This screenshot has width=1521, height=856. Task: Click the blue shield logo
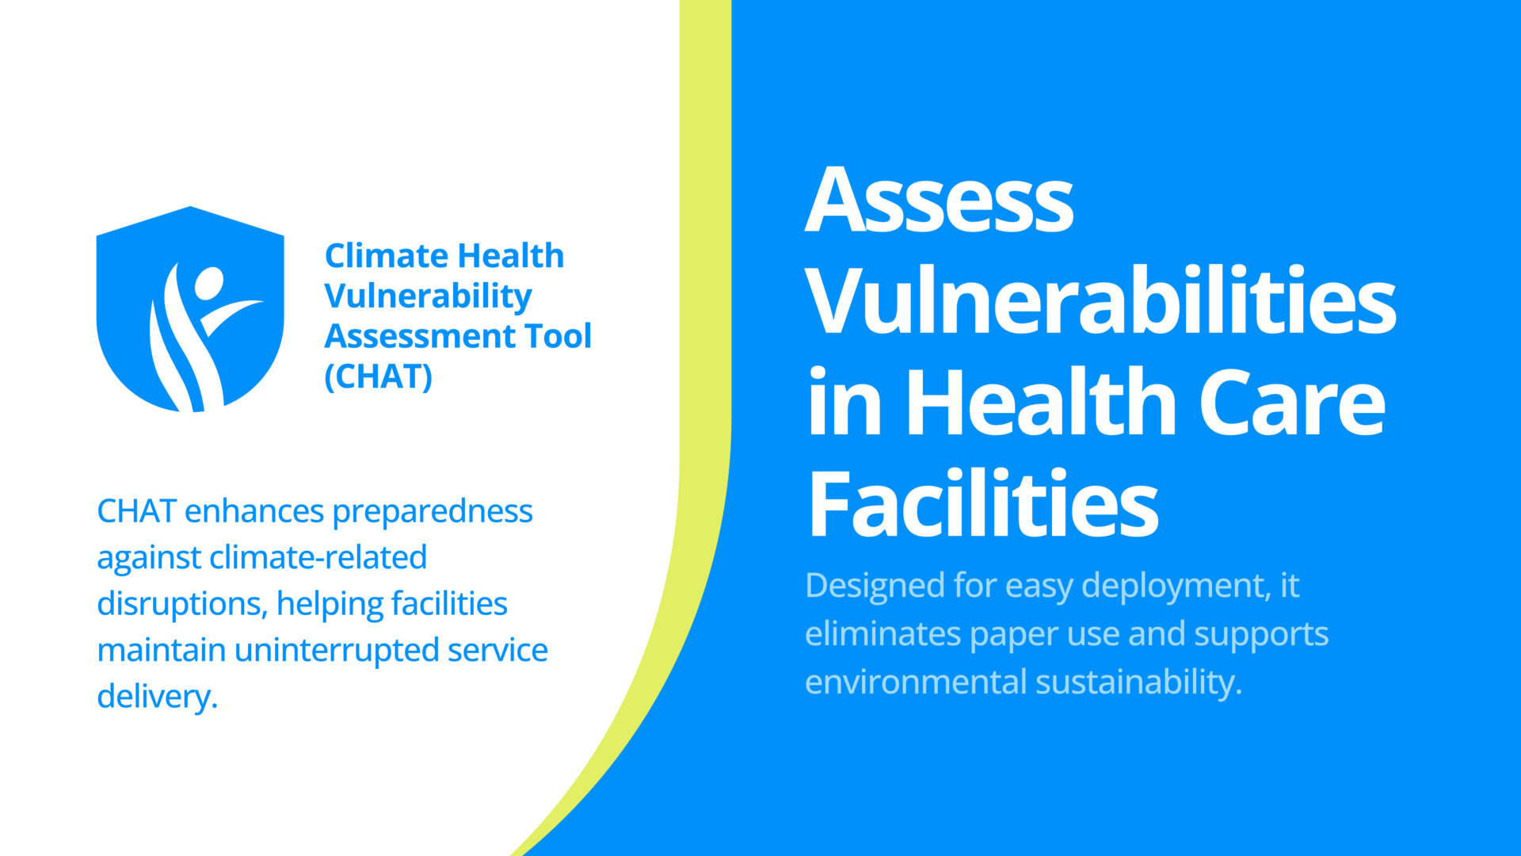(x=190, y=309)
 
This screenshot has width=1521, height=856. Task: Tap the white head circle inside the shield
(x=210, y=283)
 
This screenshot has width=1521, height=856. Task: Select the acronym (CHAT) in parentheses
(x=379, y=376)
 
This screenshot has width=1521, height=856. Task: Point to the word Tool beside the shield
(x=559, y=336)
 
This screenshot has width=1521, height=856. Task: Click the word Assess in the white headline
(x=940, y=200)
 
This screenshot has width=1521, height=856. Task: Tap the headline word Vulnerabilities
(x=1101, y=300)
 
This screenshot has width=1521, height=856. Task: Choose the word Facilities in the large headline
(x=983, y=503)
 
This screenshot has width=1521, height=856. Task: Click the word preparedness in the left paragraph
(x=433, y=512)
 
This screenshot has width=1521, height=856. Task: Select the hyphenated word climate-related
(x=318, y=557)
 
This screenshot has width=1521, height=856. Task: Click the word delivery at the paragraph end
(x=157, y=697)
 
